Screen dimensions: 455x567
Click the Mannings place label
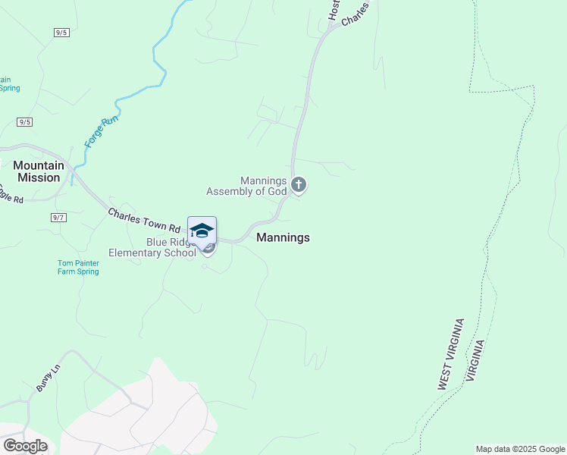click(283, 237)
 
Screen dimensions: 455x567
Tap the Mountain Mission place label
click(36, 171)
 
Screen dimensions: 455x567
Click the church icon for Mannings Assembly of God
click(299, 184)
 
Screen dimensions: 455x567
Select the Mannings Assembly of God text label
click(264, 186)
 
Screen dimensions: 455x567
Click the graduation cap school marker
click(202, 231)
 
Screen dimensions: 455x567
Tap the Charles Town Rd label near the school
click(144, 221)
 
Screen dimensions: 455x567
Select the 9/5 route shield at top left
click(61, 32)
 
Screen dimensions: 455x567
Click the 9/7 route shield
click(58, 218)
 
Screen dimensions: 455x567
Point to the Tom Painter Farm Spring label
click(78, 267)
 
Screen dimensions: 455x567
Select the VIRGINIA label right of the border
click(476, 360)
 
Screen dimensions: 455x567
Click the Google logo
click(25, 446)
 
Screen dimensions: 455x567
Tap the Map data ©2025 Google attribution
click(520, 449)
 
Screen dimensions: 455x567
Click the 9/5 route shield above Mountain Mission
click(25, 122)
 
